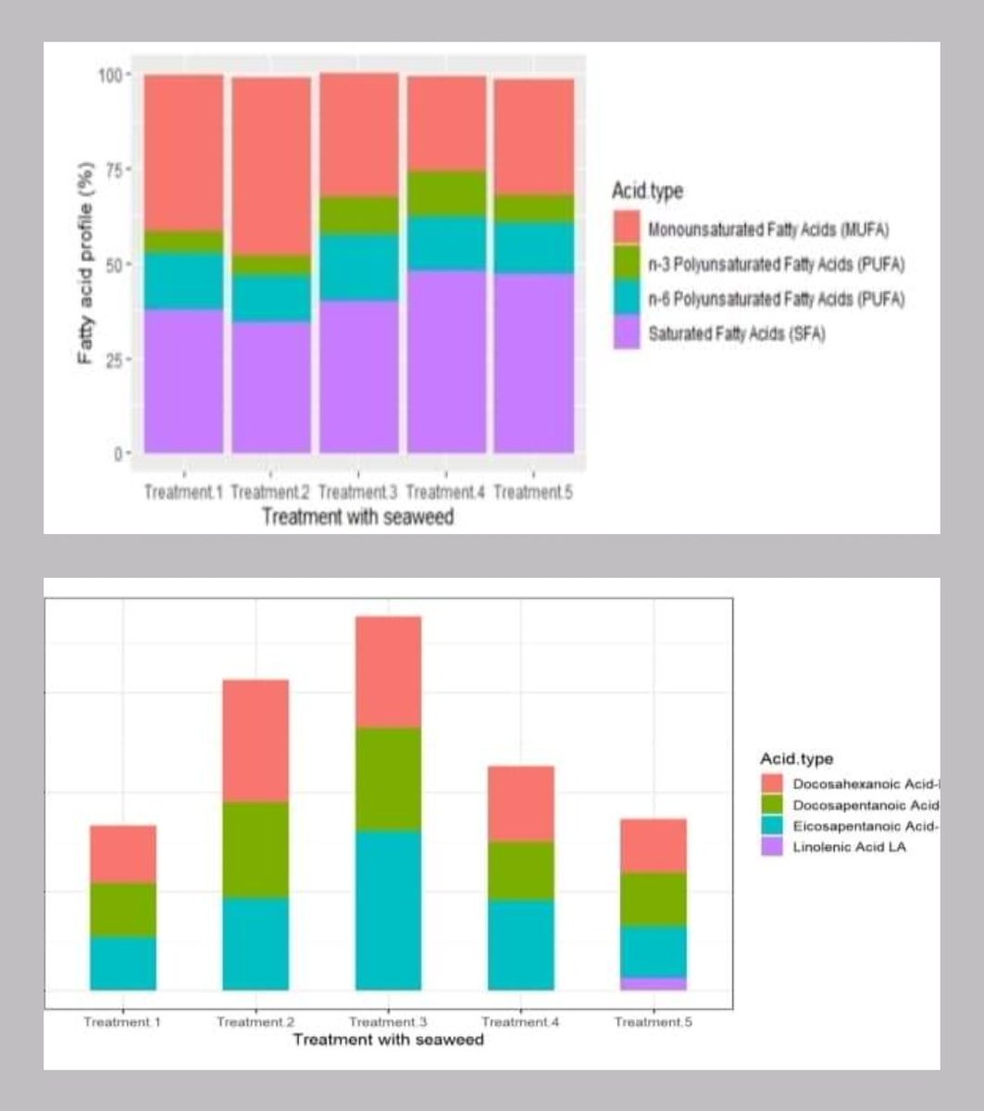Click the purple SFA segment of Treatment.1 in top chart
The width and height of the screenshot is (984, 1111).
click(183, 381)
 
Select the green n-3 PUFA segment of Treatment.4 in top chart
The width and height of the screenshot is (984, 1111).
click(446, 193)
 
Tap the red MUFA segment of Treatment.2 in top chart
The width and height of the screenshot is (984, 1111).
click(270, 166)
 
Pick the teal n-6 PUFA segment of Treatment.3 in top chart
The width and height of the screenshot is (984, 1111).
click(358, 267)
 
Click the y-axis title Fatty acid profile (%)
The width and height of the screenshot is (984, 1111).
click(86, 264)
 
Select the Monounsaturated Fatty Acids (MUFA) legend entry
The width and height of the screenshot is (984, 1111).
click(768, 229)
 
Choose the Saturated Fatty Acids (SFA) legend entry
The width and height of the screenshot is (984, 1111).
click(736, 334)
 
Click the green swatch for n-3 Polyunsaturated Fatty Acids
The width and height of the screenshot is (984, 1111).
click(627, 263)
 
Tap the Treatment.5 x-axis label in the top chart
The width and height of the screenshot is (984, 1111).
click(533, 493)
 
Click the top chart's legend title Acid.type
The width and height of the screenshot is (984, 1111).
click(647, 192)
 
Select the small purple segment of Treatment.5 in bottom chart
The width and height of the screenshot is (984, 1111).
click(653, 983)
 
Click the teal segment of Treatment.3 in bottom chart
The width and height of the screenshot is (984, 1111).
click(387, 910)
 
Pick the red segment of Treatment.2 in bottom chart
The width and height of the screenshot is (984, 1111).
click(255, 740)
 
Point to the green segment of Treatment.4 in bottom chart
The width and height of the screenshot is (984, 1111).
click(520, 869)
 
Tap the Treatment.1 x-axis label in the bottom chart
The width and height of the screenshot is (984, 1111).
click(122, 1022)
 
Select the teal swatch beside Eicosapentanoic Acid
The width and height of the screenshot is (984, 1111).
click(772, 826)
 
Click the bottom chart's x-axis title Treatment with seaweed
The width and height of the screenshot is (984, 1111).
click(388, 1040)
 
